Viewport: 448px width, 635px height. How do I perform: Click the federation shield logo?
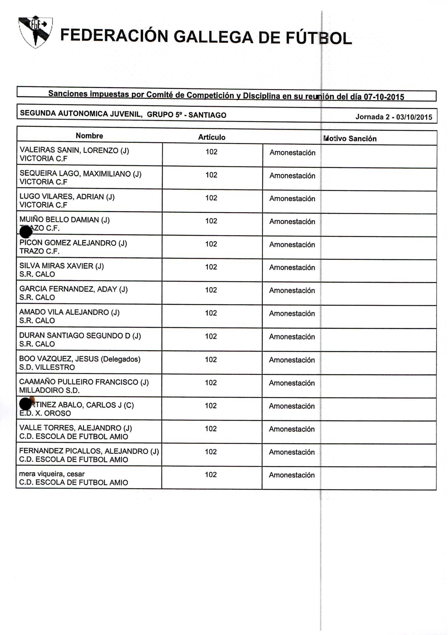35,31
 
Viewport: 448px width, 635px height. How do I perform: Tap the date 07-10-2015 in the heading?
384,97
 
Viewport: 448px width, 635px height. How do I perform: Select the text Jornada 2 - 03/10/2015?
394,117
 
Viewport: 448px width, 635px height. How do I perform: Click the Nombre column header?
89,136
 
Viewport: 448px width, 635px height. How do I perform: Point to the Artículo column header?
211,137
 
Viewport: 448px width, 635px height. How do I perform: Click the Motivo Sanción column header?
350,138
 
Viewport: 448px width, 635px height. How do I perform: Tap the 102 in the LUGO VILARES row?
211,198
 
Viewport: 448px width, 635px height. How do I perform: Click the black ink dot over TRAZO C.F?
26,231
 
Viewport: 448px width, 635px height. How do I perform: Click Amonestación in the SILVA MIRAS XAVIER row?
292,268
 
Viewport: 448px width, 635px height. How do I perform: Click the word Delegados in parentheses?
121,359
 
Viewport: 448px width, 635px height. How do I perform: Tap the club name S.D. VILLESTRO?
47,367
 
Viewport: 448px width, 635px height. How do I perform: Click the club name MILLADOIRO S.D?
49,390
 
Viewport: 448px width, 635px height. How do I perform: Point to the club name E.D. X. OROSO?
45,413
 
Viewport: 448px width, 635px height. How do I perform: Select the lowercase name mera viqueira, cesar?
52,474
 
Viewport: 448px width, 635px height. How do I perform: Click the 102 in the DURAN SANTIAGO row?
211,336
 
